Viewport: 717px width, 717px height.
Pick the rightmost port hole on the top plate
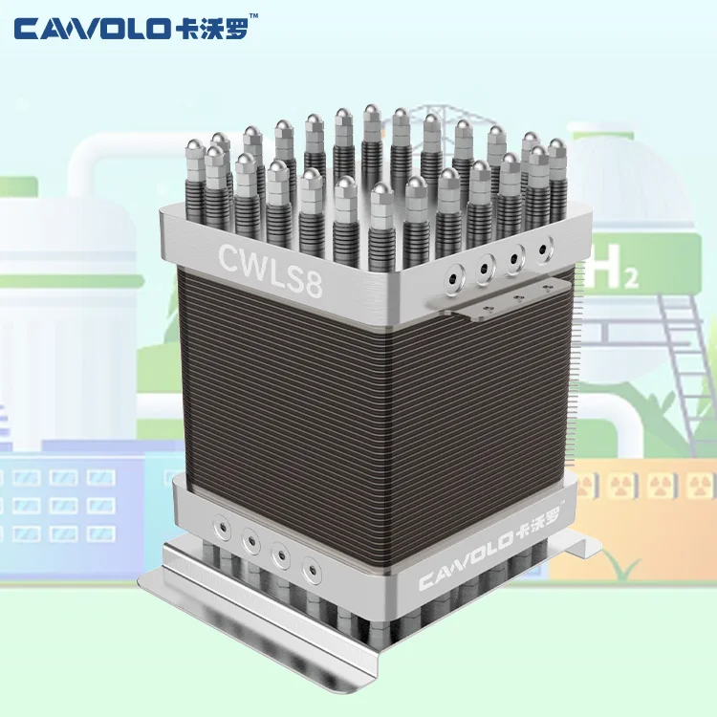tap(544, 250)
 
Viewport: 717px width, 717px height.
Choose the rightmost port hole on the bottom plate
tap(310, 576)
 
